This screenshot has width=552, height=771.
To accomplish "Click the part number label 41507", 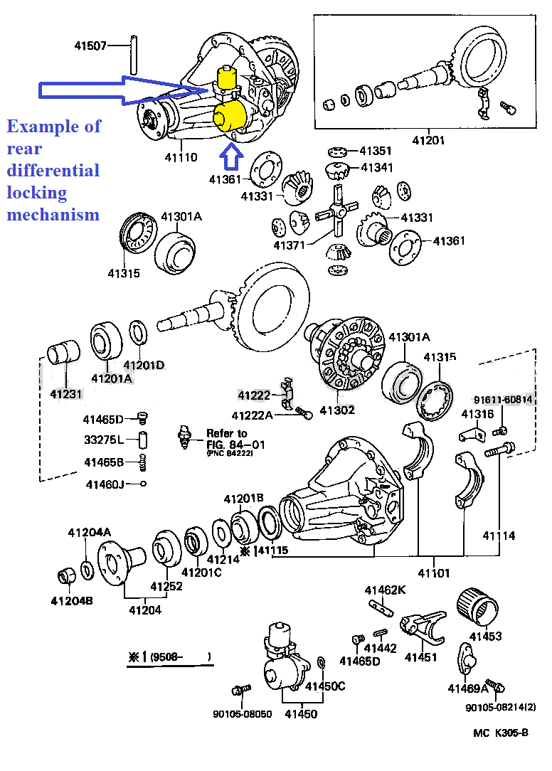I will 90,46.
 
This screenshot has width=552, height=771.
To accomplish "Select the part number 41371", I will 288,245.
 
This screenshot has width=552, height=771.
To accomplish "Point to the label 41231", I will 66,393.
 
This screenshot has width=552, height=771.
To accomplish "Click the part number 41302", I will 336,410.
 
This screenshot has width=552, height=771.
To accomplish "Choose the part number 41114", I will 499,536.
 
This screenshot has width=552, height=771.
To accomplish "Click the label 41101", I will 434,573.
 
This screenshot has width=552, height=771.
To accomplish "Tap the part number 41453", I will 486,636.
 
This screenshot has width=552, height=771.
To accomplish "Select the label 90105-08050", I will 242,713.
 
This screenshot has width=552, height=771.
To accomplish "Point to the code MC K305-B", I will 501,733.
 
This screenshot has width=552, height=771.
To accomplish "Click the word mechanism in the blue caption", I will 53,214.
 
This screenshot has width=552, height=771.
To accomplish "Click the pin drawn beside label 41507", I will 132,53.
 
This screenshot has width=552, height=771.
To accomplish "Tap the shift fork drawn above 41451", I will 423,627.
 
